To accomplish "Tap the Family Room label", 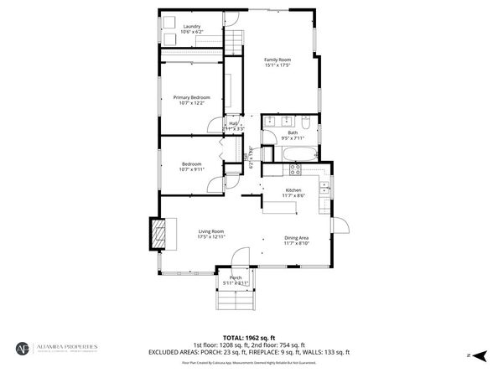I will click(278, 60).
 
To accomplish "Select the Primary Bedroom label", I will click(192, 98).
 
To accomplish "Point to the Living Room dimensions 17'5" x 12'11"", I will click(211, 237).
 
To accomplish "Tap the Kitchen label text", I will click(293, 190).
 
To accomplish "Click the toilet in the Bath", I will click(307, 124).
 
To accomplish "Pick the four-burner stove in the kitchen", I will click(295, 168).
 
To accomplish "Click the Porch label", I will click(236, 277).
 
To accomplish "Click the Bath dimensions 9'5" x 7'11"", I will click(293, 138).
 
